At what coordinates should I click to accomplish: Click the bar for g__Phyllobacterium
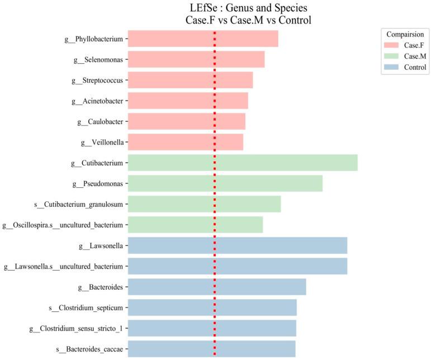pos(203,39)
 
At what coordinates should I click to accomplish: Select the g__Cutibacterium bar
pos(243,163)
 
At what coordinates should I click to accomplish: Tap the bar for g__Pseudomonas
pos(225,183)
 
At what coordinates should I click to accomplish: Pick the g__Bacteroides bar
pos(217,287)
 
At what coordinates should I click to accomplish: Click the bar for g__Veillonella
pos(186,142)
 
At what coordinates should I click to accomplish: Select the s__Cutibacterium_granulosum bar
pos(204,204)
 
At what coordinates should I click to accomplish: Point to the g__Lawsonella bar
pos(238,245)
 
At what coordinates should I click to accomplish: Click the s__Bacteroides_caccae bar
pos(211,349)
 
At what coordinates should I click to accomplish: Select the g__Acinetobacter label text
pos(98,101)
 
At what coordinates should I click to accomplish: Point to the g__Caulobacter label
pos(100,121)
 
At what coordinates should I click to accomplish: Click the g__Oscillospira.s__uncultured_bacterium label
pos(63,225)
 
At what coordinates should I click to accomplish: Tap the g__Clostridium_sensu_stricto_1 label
pos(76,328)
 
